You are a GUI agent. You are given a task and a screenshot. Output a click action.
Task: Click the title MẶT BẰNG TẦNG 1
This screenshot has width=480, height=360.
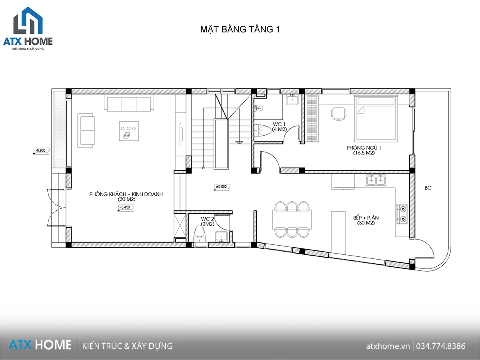pyautogui.click(x=240, y=29)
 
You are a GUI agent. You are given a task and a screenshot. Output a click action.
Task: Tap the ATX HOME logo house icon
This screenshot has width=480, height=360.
pyautogui.click(x=28, y=20)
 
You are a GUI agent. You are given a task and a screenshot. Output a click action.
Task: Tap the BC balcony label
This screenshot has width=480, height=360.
pyautogui.click(x=428, y=188)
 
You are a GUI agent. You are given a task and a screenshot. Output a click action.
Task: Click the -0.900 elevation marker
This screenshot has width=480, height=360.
pyautogui.click(x=41, y=151)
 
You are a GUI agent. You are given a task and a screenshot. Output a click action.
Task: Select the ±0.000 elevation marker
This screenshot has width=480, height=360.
pyautogui.click(x=222, y=187)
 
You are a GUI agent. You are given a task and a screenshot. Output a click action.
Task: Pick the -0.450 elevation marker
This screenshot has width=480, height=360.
pyautogui.click(x=126, y=208)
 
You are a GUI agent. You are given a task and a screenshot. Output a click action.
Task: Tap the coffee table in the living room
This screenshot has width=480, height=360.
pyautogui.click(x=129, y=131)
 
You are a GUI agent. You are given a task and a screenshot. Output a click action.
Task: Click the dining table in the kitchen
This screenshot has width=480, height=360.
pyautogui.click(x=292, y=219)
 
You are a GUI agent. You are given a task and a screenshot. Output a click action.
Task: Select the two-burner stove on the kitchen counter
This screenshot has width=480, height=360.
pyautogui.click(x=402, y=214)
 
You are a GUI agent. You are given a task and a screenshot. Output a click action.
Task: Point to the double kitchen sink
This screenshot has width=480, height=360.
pyautogui.click(x=376, y=180)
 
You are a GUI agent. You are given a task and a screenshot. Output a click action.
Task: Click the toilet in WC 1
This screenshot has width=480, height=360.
pyautogui.click(x=263, y=130)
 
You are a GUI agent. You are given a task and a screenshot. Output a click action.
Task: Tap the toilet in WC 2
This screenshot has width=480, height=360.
pyautogui.click(x=200, y=234)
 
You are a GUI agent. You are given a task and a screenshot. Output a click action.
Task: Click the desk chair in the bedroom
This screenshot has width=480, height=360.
pyautogui.click(x=339, y=114)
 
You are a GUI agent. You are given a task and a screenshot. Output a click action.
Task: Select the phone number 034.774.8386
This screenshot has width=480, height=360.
pyautogui.click(x=441, y=346)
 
